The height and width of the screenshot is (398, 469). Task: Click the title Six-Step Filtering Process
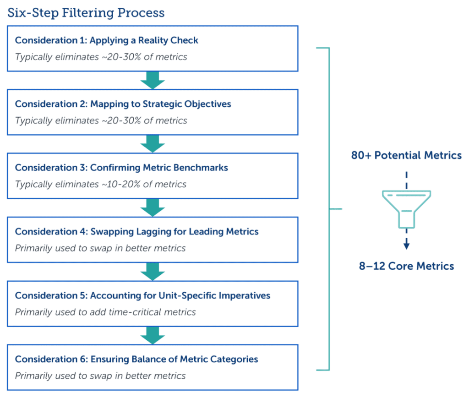click(x=86, y=13)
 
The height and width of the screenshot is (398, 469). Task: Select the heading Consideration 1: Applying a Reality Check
click(x=106, y=40)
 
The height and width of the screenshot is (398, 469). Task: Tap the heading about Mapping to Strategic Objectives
click(x=123, y=104)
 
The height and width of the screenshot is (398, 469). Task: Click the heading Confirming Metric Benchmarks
click(x=121, y=168)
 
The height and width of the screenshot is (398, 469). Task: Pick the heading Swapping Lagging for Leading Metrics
click(x=136, y=232)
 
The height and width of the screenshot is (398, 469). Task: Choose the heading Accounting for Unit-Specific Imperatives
click(x=143, y=295)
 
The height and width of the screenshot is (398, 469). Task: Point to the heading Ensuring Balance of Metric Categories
click(x=136, y=359)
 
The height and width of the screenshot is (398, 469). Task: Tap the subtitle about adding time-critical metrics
click(x=105, y=312)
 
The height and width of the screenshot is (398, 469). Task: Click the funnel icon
click(x=407, y=209)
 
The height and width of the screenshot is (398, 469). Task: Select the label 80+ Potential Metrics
click(x=407, y=156)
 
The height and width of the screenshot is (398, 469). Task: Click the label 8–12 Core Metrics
click(x=407, y=266)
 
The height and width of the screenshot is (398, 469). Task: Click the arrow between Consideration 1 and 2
click(x=153, y=80)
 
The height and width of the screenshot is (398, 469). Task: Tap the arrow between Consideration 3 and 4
click(x=153, y=207)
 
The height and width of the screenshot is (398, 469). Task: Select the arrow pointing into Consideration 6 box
click(x=153, y=335)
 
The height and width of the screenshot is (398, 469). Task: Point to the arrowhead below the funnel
click(x=407, y=245)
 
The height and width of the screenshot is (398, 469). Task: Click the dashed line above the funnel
click(x=407, y=180)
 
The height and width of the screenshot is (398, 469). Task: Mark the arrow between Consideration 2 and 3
click(x=153, y=144)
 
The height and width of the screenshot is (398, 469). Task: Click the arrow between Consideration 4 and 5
click(x=153, y=272)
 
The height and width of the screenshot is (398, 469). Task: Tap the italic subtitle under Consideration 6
click(x=100, y=376)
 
